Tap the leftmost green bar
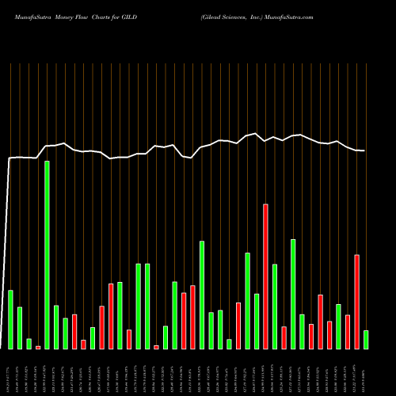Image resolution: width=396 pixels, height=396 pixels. click(10, 319)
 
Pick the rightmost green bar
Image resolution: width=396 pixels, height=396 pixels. click(366, 339)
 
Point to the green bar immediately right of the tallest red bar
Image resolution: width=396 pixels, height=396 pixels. click(275, 306)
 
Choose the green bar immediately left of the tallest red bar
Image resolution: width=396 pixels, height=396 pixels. click(257, 321)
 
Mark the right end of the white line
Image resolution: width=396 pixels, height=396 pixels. click(365, 150)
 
